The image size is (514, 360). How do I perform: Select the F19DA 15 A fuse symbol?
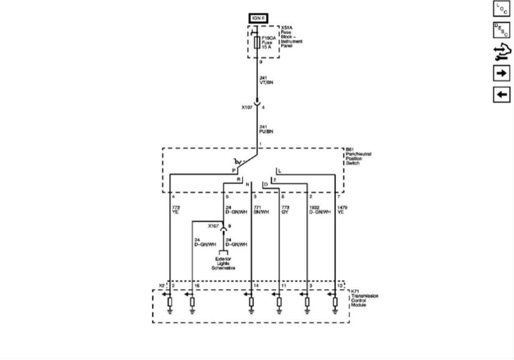257,42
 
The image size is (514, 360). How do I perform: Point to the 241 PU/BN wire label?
266,129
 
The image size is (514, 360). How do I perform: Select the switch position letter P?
234,171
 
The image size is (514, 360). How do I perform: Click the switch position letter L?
279,171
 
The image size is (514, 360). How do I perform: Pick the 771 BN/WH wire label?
260,210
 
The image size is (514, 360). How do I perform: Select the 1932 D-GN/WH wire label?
320,210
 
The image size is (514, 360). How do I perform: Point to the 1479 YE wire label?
343,210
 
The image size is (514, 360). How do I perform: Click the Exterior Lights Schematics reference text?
224,263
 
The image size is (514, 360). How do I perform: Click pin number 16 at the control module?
197,286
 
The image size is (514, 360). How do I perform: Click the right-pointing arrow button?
501,72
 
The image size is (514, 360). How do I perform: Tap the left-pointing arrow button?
501,94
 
